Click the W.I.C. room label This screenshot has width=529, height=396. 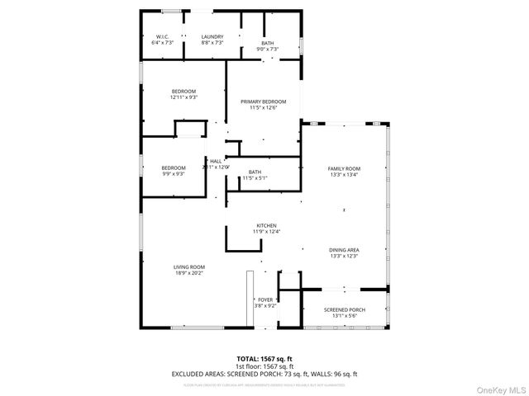coord(163,36)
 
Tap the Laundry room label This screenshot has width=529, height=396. coord(212,36)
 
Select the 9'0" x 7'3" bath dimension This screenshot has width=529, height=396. coord(267,49)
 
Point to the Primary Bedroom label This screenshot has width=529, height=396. coord(258,101)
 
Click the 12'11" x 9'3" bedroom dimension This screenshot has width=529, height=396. coord(183,97)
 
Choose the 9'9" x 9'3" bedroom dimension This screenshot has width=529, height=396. coord(173,173)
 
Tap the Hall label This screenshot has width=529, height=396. coord(215,161)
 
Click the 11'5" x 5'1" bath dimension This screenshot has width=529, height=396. coord(255,177)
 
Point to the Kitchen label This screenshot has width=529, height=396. coord(266,225)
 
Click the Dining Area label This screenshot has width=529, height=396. coord(344,249)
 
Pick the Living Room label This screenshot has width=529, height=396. coord(188,266)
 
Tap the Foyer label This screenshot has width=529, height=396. coord(265,299)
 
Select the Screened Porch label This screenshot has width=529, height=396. coord(344,309)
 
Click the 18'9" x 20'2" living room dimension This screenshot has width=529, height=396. coord(188,273)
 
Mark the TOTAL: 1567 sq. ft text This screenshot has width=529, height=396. coord(264,358)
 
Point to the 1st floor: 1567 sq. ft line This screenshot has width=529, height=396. coord(264,365)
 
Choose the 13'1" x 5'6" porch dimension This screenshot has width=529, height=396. coord(344,316)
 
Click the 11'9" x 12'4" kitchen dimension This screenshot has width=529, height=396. coord(266,232)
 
